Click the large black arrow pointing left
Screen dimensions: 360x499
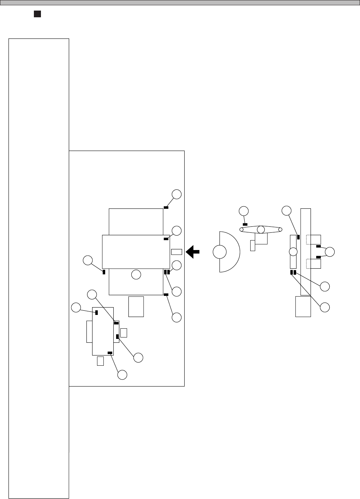pyautogui.click(x=193, y=252)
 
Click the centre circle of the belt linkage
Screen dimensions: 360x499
pyautogui.click(x=261, y=230)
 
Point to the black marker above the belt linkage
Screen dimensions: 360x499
pyautogui.click(x=245, y=225)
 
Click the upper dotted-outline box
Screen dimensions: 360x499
pyautogui.click(x=313, y=239)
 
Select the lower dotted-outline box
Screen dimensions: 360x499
pyautogui.click(x=313, y=263)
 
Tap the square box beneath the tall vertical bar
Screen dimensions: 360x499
pyautogui.click(x=303, y=306)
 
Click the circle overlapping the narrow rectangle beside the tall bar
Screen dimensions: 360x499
pyautogui.click(x=293, y=252)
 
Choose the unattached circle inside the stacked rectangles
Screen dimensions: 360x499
pyautogui.click(x=136, y=274)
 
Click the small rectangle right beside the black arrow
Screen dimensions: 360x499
pyautogui.click(x=176, y=251)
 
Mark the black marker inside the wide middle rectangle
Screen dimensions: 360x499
pyautogui.click(x=166, y=239)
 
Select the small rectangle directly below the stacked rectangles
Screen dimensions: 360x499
pyautogui.click(x=136, y=306)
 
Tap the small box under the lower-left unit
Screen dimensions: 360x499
pyautogui.click(x=100, y=361)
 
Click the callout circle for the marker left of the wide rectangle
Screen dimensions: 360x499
pyautogui.click(x=87, y=261)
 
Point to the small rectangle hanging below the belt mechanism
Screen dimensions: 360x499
pyautogui.click(x=252, y=245)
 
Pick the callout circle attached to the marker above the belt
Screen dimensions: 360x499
pyautogui.click(x=243, y=211)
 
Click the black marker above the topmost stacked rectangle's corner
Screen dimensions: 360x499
pyautogui.click(x=166, y=207)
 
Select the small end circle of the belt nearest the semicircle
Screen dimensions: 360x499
pyautogui.click(x=242, y=230)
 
